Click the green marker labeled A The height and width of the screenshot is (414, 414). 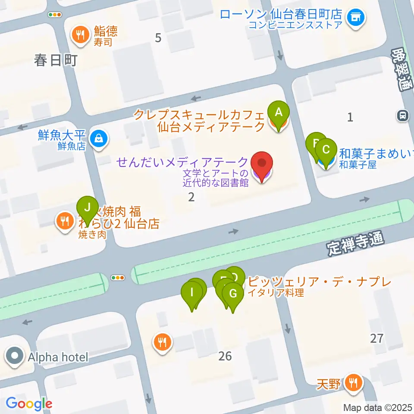[279, 113]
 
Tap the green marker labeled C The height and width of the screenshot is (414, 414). [326, 151]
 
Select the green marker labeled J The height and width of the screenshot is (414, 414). [88, 208]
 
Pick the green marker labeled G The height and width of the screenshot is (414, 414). [233, 295]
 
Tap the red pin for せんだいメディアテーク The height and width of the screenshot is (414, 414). [262, 164]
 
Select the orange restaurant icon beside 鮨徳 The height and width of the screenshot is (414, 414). [80, 34]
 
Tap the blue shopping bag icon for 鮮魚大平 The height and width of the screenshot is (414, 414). [99, 139]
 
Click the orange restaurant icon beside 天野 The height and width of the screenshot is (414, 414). [354, 383]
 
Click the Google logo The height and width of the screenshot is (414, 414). [29, 404]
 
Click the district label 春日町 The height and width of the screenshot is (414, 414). [56, 60]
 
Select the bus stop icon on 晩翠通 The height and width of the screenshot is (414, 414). [402, 116]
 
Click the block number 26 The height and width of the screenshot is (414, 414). [225, 356]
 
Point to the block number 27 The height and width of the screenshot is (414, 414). [376, 338]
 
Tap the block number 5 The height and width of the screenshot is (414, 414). [158, 38]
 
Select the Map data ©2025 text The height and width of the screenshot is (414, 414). [378, 407]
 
